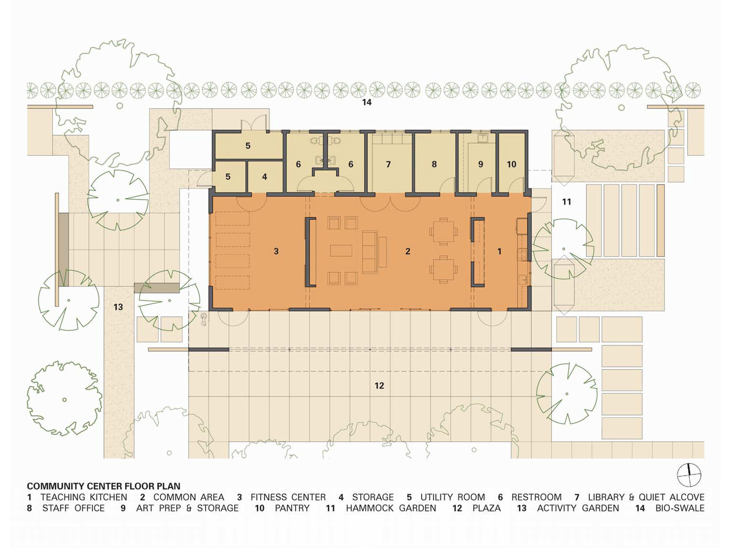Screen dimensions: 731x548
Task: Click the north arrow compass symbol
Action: pos(689,475)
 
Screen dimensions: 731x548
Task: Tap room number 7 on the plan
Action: pos(388,164)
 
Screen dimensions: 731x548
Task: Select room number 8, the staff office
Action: pos(434,164)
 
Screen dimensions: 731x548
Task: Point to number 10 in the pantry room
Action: pos(511,164)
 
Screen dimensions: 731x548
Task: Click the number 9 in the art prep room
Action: pos(481,164)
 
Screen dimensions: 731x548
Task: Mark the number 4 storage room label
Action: pos(264,177)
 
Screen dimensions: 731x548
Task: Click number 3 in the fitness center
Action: pos(276,251)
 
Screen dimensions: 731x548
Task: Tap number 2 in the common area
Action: pos(408,251)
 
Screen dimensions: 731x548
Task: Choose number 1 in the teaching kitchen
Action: pos(499,251)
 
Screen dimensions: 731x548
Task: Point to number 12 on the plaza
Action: pos(379,385)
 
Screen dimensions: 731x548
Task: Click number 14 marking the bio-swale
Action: pos(367,102)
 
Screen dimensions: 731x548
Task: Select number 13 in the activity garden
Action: pos(118,307)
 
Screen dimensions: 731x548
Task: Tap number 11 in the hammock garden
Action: pos(566,202)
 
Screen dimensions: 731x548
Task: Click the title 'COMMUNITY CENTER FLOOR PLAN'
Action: pos(103,486)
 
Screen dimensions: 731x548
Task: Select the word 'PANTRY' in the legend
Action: pos(292,508)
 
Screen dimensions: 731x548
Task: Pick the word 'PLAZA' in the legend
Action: pos(486,508)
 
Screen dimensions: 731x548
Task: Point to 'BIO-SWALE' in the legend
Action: pos(679,508)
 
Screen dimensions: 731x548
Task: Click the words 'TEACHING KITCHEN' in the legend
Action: pos(84,497)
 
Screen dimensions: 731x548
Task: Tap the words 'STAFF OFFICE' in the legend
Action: pos(73,508)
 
